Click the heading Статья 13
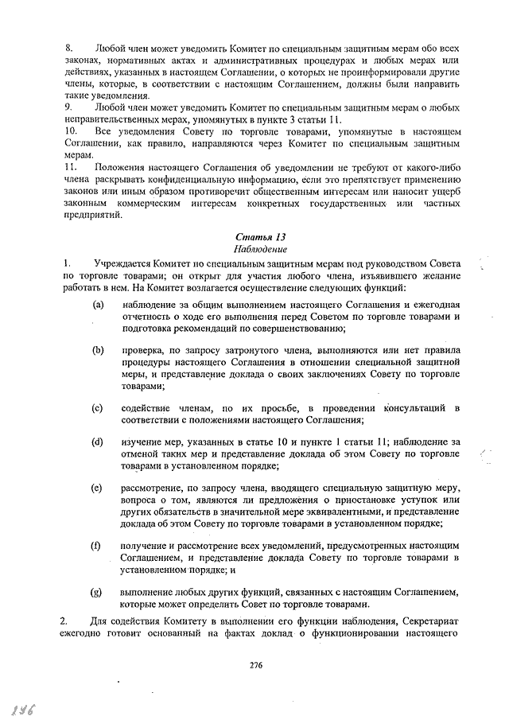click(x=261, y=236)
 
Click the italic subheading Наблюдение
click(x=261, y=249)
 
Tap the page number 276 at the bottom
click(x=255, y=665)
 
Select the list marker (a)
click(x=98, y=305)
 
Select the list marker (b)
click(x=98, y=350)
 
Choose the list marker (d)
click(x=98, y=442)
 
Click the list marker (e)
click(x=98, y=487)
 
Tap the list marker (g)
click(x=98, y=592)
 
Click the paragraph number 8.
click(x=69, y=49)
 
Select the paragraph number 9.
click(x=69, y=106)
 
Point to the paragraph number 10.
click(x=72, y=129)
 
